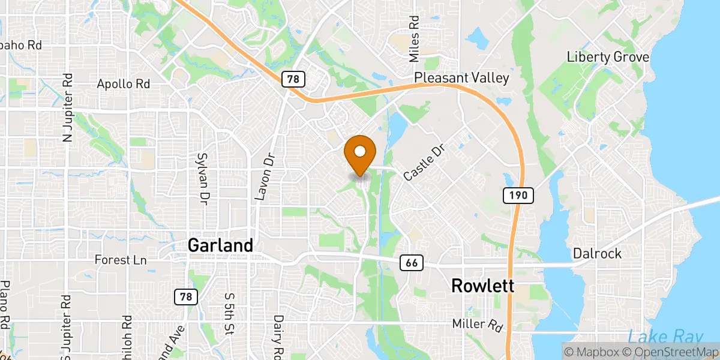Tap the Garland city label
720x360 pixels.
(220, 245)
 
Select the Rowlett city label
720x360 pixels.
(482, 286)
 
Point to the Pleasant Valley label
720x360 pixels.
(461, 77)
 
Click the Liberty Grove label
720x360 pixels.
(608, 57)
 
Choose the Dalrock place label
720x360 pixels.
(597, 254)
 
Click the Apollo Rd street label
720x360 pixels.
(123, 84)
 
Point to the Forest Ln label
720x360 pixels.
(121, 260)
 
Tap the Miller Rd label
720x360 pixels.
(478, 324)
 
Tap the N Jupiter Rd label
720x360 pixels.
(67, 108)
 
